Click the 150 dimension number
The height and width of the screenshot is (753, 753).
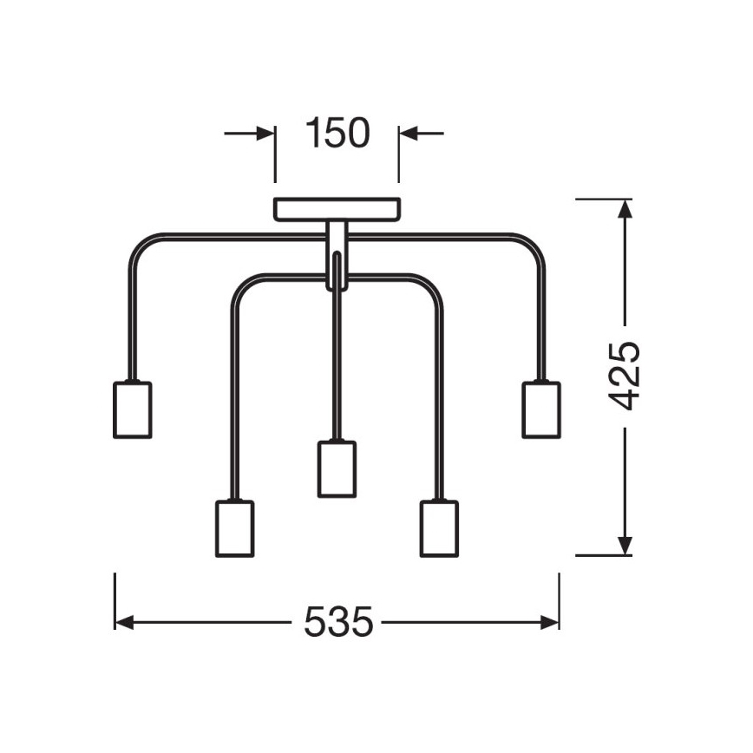tap(337, 132)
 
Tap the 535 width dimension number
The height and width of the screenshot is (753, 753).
tap(338, 622)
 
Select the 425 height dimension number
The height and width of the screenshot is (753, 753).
tap(625, 376)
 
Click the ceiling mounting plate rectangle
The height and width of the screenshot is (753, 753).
tap(337, 209)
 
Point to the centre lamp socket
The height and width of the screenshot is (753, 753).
tap(337, 468)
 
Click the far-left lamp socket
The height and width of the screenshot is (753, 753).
tap(133, 409)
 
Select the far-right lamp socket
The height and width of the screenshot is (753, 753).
tap(541, 409)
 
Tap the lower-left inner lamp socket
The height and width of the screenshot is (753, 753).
tap(235, 528)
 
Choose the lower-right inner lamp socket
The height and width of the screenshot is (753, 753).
tap(439, 528)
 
